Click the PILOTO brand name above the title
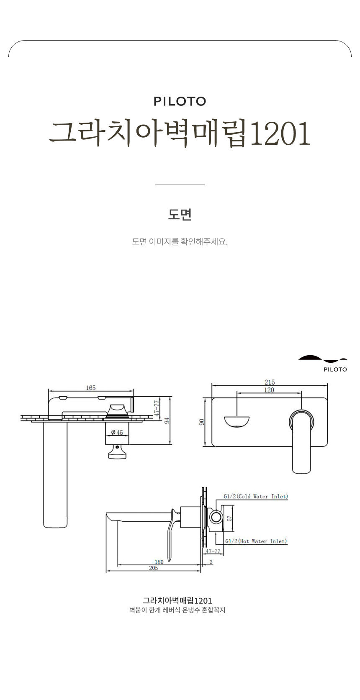coord(180,101)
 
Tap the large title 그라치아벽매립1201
coord(180,133)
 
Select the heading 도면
coord(180,215)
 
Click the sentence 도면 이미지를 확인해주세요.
coord(180,241)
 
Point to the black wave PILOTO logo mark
coord(322,359)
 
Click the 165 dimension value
coord(91,388)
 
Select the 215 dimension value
coord(270,382)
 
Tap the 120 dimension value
coord(269,390)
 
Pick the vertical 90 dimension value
coord(201,422)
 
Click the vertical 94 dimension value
coord(167,421)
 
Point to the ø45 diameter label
coord(117,433)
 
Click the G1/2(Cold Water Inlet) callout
coord(256,496)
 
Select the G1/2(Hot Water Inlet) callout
coord(256,541)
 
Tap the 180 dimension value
coord(159,562)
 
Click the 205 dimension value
coord(154,568)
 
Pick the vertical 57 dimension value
coord(229,518)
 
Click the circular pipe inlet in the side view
coord(216,517)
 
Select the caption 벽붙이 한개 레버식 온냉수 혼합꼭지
coord(177,610)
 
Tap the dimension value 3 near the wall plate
coord(211,562)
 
